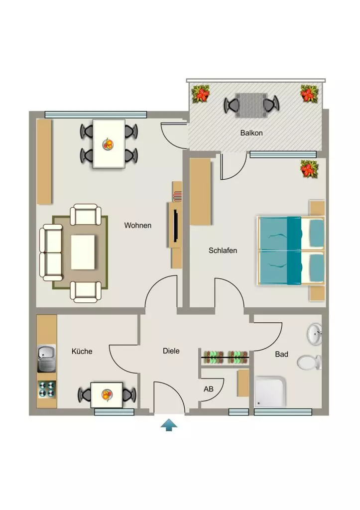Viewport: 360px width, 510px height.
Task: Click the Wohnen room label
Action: [x=137, y=226]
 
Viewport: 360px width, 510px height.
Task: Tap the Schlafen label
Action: [x=223, y=251]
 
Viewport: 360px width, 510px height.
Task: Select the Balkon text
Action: [x=251, y=132]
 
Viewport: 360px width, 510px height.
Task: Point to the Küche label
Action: [x=82, y=351]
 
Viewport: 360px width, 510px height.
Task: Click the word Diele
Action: [x=171, y=351]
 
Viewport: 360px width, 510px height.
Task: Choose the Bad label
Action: [x=282, y=354]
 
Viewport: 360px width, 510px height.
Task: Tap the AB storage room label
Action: [x=209, y=389]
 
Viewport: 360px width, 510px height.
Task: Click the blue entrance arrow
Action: [x=169, y=425]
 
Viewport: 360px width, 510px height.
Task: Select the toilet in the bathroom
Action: [x=309, y=363]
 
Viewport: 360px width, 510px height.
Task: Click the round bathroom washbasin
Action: [x=315, y=333]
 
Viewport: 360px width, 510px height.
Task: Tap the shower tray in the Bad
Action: [x=270, y=392]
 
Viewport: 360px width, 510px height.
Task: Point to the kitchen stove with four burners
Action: [x=47, y=389]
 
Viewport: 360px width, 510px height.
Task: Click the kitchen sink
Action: [x=46, y=359]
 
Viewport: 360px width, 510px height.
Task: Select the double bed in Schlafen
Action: [x=291, y=251]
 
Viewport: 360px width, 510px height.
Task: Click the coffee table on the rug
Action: [x=83, y=252]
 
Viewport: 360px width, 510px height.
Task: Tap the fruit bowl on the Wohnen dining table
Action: [x=108, y=144]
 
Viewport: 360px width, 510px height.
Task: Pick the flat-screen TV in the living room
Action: [x=176, y=226]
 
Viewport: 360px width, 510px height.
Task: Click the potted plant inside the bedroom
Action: [x=309, y=169]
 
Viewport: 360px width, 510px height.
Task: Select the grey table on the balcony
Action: [x=251, y=106]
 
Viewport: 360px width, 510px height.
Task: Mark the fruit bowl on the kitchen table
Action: [x=107, y=395]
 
